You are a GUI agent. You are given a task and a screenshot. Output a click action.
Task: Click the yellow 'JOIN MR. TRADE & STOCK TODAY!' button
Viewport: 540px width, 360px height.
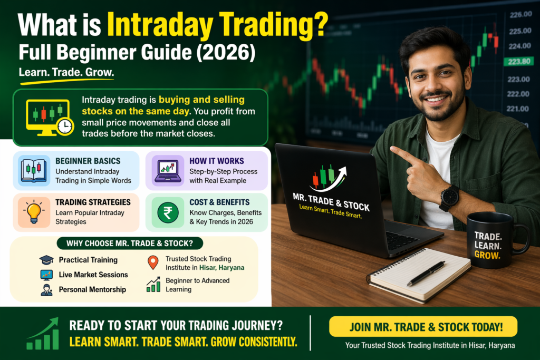[423, 326]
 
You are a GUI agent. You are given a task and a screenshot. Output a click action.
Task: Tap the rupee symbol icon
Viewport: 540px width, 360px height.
[168, 212]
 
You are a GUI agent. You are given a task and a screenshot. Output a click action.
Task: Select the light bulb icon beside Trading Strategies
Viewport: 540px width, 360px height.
[34, 212]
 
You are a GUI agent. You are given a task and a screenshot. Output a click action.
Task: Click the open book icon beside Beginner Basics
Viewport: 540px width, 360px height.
[33, 170]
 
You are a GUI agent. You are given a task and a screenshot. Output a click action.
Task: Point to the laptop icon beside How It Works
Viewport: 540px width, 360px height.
[168, 171]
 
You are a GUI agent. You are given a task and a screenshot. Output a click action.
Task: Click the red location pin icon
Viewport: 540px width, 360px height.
[153, 262]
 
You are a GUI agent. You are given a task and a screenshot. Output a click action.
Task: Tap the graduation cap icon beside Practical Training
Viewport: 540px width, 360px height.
[46, 260]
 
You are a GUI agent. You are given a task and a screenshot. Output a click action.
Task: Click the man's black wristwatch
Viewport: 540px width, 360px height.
[449, 198]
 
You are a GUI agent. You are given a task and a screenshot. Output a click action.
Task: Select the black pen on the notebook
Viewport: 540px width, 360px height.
[426, 273]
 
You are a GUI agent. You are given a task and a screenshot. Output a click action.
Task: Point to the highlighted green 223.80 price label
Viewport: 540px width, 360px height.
[519, 62]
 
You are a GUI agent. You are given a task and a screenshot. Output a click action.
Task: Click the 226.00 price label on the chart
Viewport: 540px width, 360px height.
[520, 14]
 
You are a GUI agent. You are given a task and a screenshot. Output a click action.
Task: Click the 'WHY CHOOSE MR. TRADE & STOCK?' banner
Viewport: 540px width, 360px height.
[130, 244]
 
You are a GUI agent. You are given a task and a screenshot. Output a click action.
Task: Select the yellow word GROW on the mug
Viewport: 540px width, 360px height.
[487, 255]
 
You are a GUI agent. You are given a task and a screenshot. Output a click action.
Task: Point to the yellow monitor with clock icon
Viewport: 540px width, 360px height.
[50, 118]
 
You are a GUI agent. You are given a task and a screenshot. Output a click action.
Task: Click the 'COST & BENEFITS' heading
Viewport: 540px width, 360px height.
[219, 202]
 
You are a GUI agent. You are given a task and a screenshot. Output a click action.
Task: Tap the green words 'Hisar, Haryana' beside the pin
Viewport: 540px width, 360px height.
[222, 267]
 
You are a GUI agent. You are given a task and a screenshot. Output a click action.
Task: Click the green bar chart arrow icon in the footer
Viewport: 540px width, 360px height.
[43, 334]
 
